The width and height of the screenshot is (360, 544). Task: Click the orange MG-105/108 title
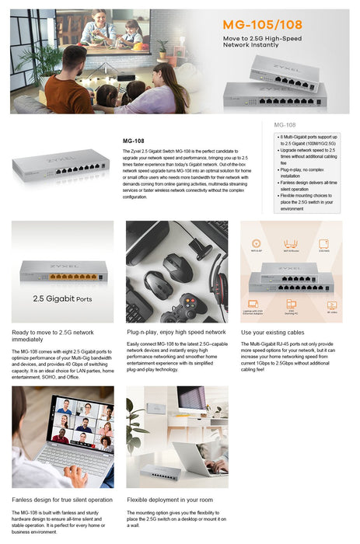click(273, 24)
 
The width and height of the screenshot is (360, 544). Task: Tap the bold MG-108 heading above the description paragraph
click(134, 141)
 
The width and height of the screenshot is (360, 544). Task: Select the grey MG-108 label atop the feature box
click(285, 124)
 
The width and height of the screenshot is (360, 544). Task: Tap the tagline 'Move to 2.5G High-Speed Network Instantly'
click(273, 42)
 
